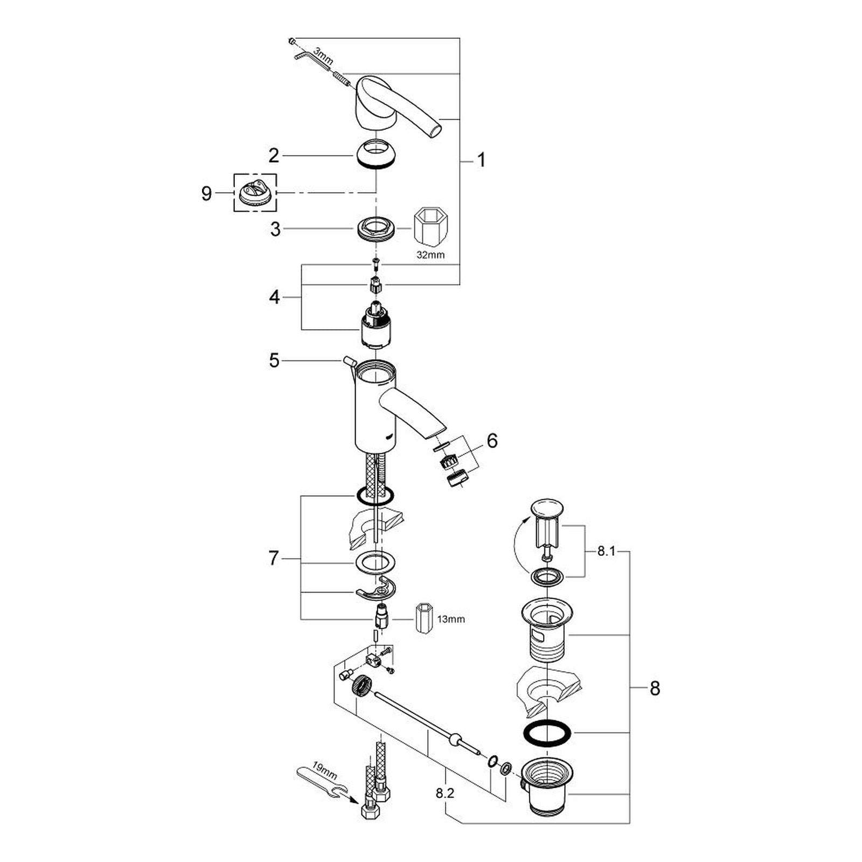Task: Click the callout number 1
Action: click(481, 160)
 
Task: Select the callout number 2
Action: click(274, 156)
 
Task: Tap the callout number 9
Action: click(206, 193)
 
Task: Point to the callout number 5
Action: click(275, 360)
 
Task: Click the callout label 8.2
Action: click(446, 793)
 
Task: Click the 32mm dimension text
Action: click(430, 255)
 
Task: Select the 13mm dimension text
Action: click(450, 620)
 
